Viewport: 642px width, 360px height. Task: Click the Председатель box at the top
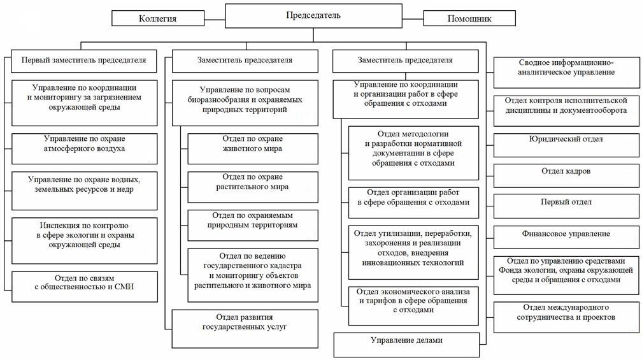313,16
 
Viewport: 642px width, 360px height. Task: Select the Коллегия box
158,18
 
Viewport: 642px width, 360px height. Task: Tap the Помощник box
469,18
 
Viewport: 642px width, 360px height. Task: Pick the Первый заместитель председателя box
84,61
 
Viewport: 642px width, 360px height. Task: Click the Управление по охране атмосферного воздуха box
84,148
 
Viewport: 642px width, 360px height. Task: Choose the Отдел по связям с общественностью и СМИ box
84,287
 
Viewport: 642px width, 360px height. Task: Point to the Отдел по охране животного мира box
253,148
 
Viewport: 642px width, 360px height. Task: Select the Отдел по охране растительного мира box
253,187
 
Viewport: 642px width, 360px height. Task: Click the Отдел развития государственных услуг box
245,329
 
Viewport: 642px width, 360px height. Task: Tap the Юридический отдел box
566,145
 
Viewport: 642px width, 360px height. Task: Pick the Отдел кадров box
566,176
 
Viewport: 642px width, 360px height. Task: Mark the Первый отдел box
566,206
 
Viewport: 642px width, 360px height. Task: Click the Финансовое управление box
566,237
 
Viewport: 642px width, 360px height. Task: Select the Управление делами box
406,345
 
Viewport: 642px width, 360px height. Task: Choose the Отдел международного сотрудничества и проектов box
566,317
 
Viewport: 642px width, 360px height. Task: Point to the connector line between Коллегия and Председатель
215,18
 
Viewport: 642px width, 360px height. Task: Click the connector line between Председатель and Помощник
413,18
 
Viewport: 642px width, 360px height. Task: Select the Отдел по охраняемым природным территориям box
253,226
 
